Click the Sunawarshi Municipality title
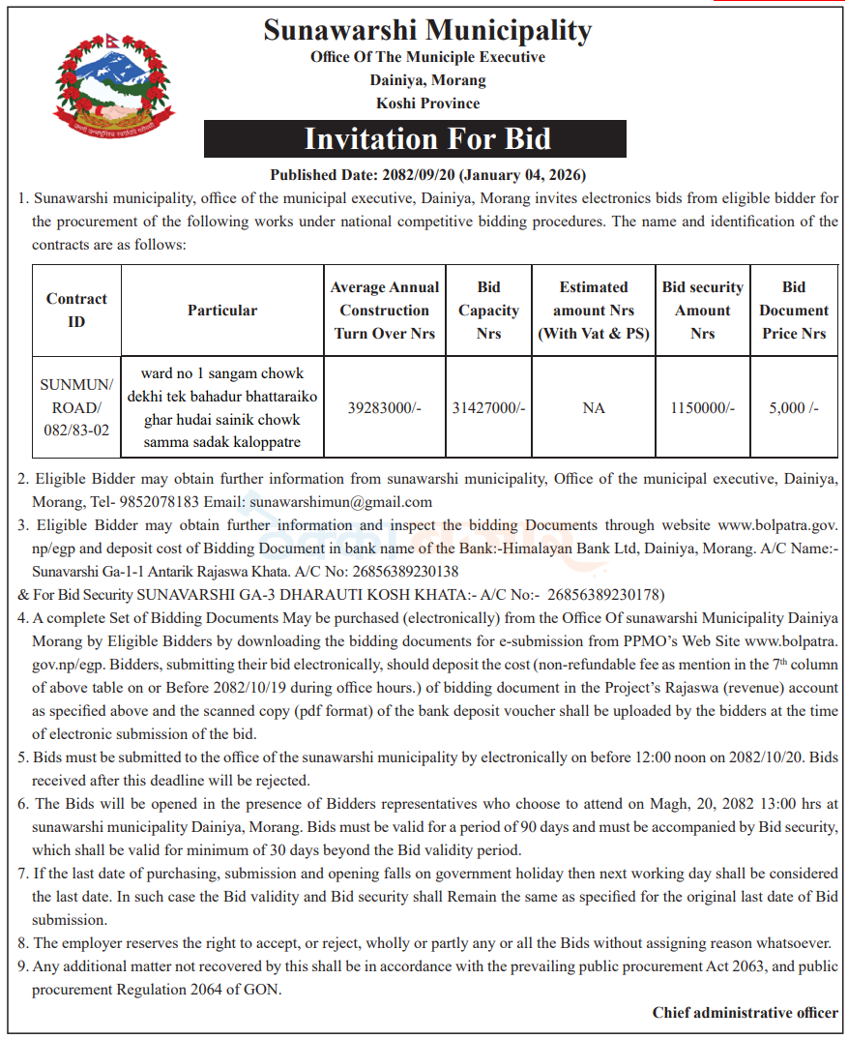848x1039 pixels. pyautogui.click(x=427, y=30)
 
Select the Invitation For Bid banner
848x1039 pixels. pyautogui.click(x=415, y=138)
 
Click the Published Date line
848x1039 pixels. pyautogui.click(x=428, y=175)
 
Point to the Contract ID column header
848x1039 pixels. pyautogui.click(x=76, y=310)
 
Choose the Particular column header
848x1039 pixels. pyautogui.click(x=222, y=310)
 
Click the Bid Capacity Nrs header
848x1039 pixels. pyautogui.click(x=488, y=310)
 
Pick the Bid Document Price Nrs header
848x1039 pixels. pyautogui.click(x=794, y=310)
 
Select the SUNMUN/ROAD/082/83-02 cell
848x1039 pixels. pyautogui.click(x=76, y=407)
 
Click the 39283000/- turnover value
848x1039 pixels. pyautogui.click(x=385, y=408)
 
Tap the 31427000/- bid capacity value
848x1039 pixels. pyautogui.click(x=488, y=408)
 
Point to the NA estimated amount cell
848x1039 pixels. pyautogui.click(x=594, y=408)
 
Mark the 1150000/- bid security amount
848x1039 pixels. pyautogui.click(x=703, y=408)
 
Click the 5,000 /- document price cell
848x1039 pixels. pyautogui.click(x=794, y=408)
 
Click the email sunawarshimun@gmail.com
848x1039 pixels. pyautogui.click(x=340, y=502)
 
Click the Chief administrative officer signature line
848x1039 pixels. pyautogui.click(x=745, y=1013)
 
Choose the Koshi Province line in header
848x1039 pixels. pyautogui.click(x=427, y=103)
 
